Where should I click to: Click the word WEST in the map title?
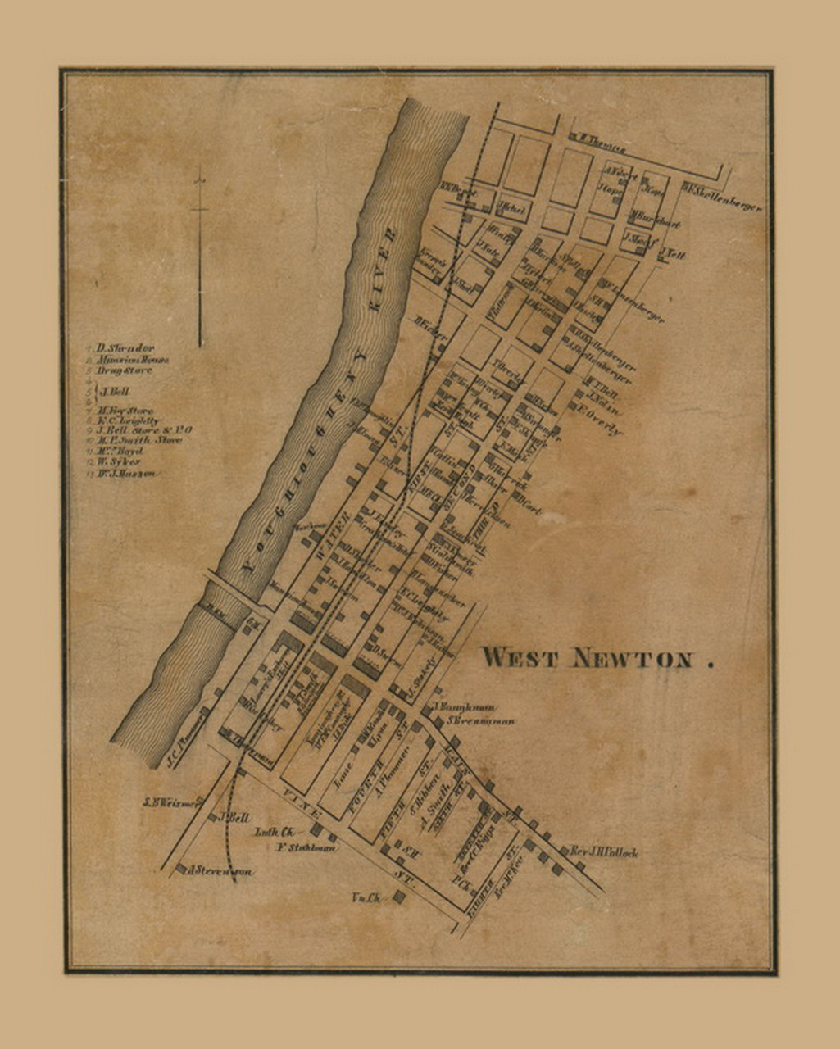coord(520,657)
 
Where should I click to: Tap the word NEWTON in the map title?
coord(632,658)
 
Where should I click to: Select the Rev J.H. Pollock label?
coord(604,852)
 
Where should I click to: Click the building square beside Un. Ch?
coord(398,897)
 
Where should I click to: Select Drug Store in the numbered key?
coord(124,370)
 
